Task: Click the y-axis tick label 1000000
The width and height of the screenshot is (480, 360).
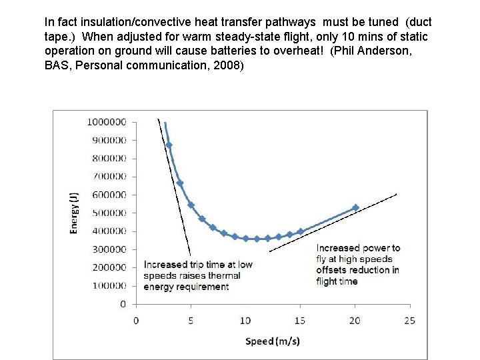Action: [x=107, y=122]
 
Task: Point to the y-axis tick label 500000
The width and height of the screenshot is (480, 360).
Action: [x=109, y=213]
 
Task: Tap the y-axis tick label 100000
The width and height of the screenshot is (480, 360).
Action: [x=109, y=286]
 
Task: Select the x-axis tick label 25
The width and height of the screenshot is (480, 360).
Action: [x=409, y=321]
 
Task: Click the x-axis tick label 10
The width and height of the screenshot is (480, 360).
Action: [x=245, y=321]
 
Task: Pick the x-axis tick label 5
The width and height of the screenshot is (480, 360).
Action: [x=191, y=321]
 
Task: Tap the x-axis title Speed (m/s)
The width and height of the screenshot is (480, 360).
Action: [x=273, y=341]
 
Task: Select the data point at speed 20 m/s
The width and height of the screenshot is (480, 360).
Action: [x=355, y=208]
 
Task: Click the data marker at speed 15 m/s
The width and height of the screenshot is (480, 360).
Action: [x=301, y=231]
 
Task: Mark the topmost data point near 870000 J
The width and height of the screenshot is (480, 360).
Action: [x=169, y=145]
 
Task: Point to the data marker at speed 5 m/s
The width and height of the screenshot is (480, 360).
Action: [x=191, y=205]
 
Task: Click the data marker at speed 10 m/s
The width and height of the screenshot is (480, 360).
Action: [x=245, y=238]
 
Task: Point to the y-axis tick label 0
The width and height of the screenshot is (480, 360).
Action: [x=123, y=304]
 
